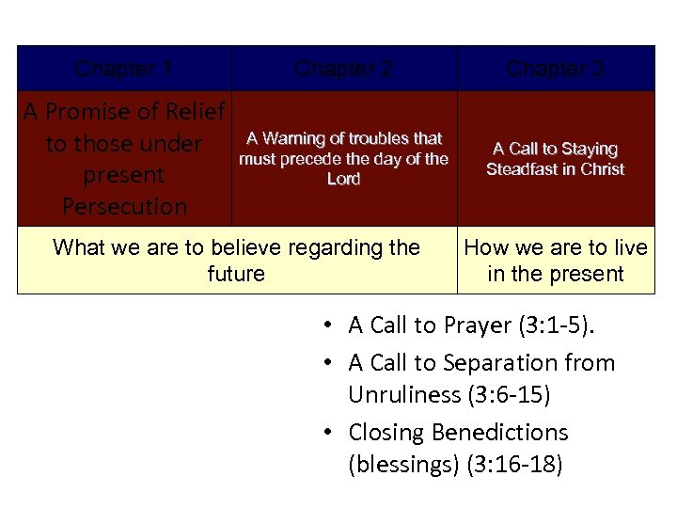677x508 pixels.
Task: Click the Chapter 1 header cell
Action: (123, 69)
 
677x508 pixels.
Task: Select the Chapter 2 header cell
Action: (343, 69)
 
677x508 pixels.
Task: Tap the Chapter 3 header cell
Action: (555, 69)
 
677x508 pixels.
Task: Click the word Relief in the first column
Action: (194, 113)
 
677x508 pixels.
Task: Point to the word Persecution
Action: (124, 206)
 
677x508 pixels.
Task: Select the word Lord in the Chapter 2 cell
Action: (343, 179)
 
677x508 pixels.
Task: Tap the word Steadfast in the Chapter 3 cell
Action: (522, 169)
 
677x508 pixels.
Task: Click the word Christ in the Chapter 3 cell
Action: (602, 169)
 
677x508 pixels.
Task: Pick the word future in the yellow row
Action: (236, 274)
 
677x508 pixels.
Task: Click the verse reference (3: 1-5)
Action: (562, 325)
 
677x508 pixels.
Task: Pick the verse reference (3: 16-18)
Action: (514, 465)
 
